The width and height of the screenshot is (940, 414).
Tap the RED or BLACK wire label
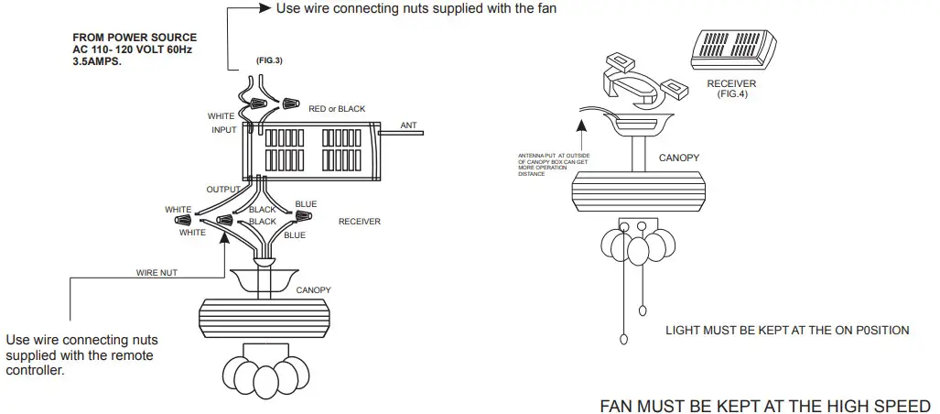[x=337, y=109]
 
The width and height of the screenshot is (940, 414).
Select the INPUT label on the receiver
[x=224, y=131]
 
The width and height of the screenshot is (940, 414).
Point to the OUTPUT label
[x=223, y=190]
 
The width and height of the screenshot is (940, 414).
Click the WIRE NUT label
[x=156, y=273]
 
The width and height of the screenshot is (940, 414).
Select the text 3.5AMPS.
[x=97, y=62]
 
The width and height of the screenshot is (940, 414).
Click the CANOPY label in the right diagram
[x=678, y=158]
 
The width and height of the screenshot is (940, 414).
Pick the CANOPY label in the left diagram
[x=314, y=290]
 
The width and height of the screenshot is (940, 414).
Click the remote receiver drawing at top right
[x=731, y=51]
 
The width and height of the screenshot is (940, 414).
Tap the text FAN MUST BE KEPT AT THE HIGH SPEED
[x=764, y=405]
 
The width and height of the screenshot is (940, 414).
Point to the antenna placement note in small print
[x=554, y=165]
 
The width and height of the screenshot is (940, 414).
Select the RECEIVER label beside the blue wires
[x=360, y=222]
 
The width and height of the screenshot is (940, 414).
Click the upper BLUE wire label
[x=306, y=203]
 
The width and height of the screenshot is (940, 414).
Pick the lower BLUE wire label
[x=295, y=235]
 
